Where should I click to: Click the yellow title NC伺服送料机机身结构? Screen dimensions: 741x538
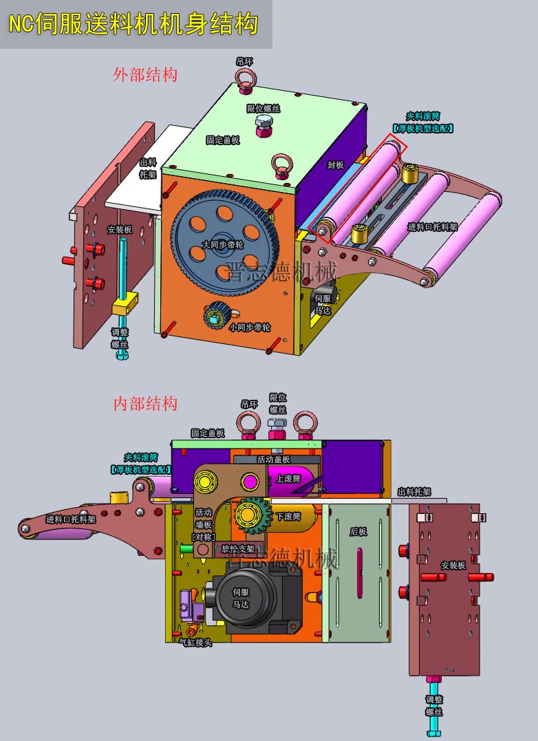[133, 24]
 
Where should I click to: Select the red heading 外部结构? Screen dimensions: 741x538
[144, 74]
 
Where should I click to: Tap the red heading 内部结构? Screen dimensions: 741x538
[145, 403]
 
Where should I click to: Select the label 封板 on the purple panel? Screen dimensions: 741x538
[335, 165]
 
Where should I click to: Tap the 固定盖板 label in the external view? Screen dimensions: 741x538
[223, 140]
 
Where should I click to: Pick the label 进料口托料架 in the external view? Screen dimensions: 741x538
[432, 227]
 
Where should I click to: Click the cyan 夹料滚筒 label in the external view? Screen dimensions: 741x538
[422, 122]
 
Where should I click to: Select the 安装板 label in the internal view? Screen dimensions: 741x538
[453, 565]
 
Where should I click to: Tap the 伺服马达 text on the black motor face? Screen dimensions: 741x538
[241, 598]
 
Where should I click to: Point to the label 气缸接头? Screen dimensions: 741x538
[195, 642]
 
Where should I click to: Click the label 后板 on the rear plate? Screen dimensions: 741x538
[358, 531]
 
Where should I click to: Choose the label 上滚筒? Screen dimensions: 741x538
[288, 478]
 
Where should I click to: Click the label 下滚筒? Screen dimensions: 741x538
[288, 516]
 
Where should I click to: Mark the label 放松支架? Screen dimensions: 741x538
[237, 549]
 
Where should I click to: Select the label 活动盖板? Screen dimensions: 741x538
[273, 459]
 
